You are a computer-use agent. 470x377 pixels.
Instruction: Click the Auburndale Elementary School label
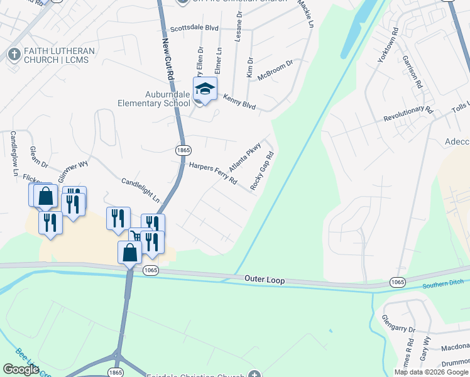[x=154, y=99]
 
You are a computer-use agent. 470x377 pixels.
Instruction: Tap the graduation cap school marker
[x=205, y=89]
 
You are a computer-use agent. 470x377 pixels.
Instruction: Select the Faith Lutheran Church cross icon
[x=13, y=55]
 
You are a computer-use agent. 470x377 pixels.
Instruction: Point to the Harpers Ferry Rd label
[x=213, y=173]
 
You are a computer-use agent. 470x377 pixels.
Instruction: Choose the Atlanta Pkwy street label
[x=244, y=158]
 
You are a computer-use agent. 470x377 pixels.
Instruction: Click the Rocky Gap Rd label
[x=263, y=171]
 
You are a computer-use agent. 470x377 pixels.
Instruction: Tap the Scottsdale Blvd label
[x=194, y=29]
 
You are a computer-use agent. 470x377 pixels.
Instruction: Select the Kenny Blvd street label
[x=238, y=101]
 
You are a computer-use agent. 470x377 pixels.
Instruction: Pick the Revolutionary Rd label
[x=409, y=114]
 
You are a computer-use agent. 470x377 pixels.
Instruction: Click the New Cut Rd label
[x=168, y=57]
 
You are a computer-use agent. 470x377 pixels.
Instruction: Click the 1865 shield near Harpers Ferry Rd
[x=182, y=150]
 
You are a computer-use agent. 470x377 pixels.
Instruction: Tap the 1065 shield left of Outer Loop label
[x=150, y=270]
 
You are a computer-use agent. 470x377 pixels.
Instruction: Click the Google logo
[x=21, y=369]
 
